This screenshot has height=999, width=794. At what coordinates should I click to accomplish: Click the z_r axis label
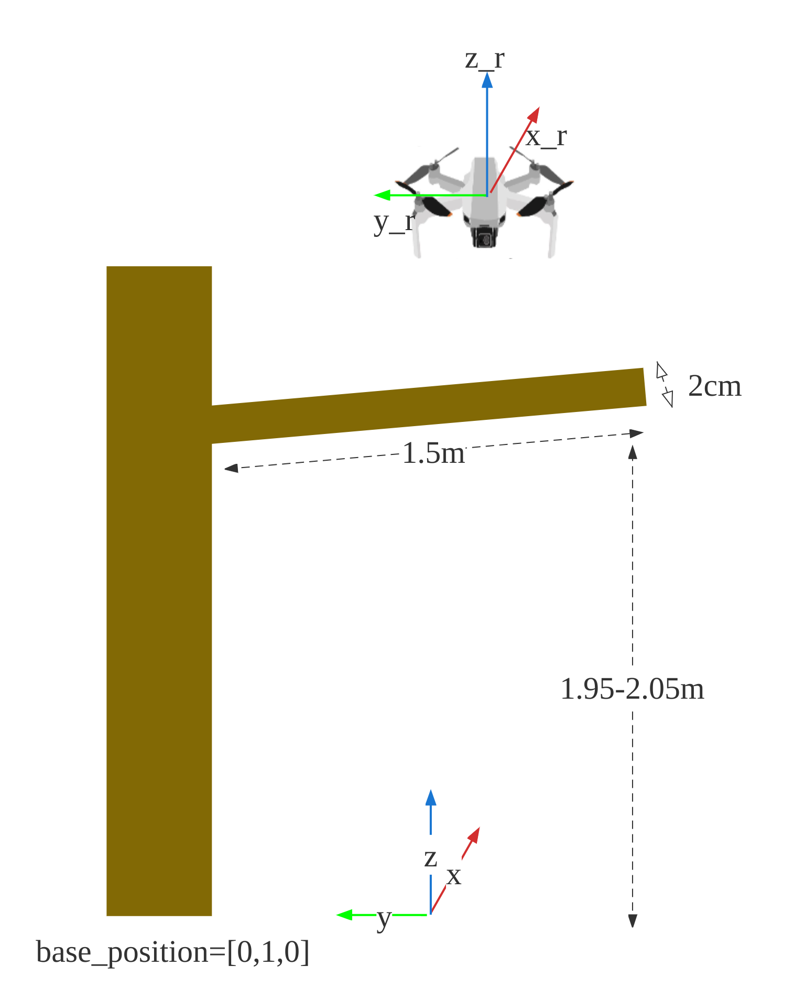click(x=485, y=59)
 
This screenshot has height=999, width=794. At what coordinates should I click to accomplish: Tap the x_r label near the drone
click(x=547, y=137)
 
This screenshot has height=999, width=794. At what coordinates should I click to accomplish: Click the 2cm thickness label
click(x=714, y=386)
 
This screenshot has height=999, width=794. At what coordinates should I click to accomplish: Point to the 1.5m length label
click(x=433, y=452)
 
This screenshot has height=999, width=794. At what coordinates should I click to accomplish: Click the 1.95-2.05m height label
click(x=632, y=688)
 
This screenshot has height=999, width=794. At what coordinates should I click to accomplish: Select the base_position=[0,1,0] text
click(x=172, y=952)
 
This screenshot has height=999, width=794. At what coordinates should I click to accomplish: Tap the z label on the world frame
click(x=430, y=857)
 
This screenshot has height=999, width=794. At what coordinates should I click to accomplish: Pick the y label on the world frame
click(x=384, y=917)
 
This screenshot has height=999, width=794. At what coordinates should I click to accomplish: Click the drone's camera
click(x=484, y=238)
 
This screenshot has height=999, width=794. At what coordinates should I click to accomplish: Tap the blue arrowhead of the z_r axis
click(x=487, y=80)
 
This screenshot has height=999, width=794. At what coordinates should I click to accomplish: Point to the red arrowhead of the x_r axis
click(x=535, y=114)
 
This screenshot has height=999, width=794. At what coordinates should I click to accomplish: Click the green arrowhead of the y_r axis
click(x=381, y=196)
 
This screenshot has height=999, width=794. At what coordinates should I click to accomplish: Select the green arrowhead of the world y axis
click(x=343, y=915)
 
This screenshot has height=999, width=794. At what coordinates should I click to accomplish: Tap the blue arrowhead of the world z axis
click(x=431, y=797)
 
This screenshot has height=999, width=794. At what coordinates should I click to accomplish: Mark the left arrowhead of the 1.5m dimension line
click(x=231, y=468)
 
